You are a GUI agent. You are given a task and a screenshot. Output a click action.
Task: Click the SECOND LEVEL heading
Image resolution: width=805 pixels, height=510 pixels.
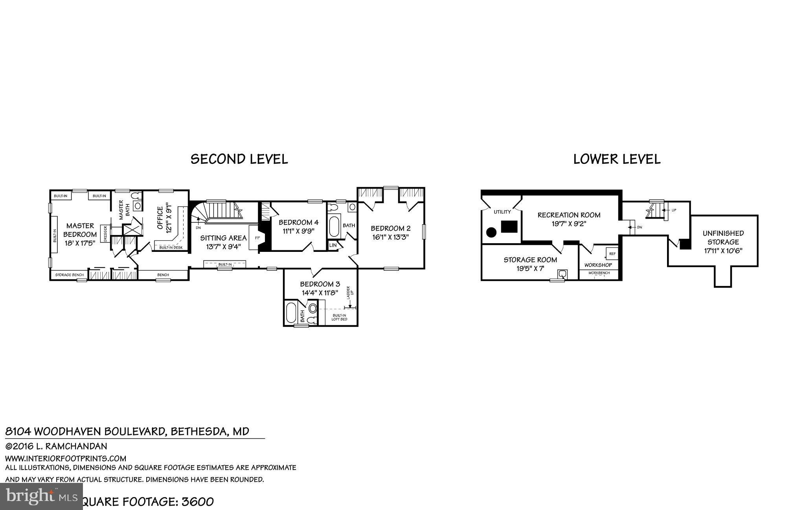click(x=239, y=159)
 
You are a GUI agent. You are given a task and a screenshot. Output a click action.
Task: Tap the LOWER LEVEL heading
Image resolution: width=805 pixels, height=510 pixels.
click(x=617, y=159)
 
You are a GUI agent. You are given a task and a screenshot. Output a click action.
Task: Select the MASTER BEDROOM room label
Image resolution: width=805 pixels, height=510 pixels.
click(x=80, y=230)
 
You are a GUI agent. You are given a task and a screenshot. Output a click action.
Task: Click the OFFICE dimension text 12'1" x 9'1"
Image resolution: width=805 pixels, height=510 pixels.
click(x=169, y=218)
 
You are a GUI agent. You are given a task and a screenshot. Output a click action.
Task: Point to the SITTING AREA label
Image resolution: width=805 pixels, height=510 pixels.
click(x=223, y=238)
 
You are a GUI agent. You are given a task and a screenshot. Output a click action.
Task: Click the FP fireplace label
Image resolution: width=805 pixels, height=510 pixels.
click(x=258, y=238)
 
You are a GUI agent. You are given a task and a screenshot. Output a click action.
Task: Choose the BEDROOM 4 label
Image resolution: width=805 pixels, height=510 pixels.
click(x=298, y=222)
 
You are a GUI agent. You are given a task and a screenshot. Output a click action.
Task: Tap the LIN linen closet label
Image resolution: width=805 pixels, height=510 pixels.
click(x=333, y=245)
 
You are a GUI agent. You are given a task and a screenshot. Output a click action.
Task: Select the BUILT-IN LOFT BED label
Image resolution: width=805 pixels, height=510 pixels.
click(x=340, y=317)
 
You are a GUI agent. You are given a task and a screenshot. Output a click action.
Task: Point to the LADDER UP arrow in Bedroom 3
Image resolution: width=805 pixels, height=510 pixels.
click(x=349, y=305)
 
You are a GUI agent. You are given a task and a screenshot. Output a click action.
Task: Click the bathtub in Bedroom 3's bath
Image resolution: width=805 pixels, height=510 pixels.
click(x=291, y=313)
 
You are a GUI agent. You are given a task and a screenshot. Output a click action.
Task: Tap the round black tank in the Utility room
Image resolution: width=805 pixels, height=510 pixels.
click(x=491, y=232)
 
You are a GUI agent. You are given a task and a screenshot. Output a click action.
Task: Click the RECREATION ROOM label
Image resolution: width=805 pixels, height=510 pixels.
click(x=569, y=215)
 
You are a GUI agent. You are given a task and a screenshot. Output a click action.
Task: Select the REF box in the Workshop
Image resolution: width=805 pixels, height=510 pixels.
click(x=612, y=254)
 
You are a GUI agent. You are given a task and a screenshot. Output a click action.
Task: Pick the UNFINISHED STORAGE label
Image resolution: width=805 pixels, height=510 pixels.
click(x=723, y=237)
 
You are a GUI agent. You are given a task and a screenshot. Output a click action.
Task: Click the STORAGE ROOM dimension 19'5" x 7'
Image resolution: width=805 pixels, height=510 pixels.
click(x=530, y=268)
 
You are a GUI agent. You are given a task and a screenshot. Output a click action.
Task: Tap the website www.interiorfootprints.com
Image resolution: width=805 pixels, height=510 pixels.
click(x=66, y=458)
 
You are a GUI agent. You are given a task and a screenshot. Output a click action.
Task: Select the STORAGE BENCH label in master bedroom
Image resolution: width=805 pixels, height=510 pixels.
click(x=69, y=275)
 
